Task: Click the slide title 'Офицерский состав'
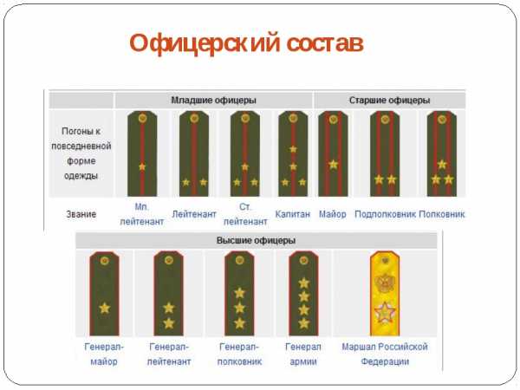[245, 42]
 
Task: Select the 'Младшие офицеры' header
[213, 100]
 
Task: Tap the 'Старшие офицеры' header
[389, 100]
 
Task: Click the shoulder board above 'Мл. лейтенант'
[142, 153]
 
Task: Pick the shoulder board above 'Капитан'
[293, 153]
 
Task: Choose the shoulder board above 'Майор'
[333, 153]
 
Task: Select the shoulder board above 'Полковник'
[442, 153]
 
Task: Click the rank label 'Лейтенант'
[194, 213]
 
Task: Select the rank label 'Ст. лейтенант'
[245, 213]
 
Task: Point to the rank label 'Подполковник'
[386, 213]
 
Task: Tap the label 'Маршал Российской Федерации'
[385, 354]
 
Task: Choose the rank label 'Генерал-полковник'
[239, 354]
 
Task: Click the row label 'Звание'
[81, 213]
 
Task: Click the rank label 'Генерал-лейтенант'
[170, 354]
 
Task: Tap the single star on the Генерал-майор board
[104, 308]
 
